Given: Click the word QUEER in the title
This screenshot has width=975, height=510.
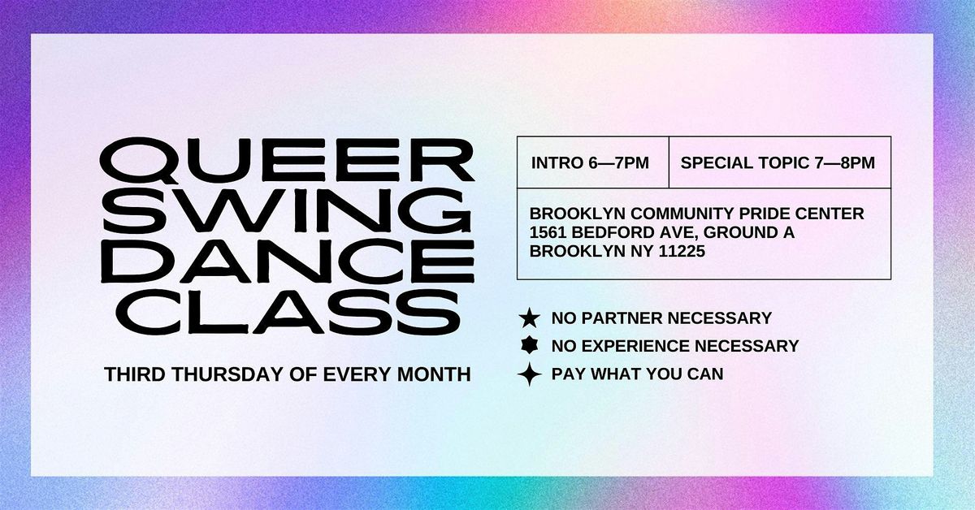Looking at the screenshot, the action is (x=288, y=160).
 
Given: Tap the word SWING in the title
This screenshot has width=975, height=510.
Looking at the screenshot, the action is (x=288, y=211).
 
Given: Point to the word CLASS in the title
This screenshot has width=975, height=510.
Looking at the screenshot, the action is (x=288, y=312).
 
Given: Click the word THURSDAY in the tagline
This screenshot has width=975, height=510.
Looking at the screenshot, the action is (x=228, y=374).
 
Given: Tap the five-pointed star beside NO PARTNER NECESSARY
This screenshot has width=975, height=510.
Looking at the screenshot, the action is (x=529, y=318).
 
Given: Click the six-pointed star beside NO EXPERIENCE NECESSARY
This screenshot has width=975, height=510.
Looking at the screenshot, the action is (x=529, y=346).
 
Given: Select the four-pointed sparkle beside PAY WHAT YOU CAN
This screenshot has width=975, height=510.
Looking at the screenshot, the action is (x=529, y=374).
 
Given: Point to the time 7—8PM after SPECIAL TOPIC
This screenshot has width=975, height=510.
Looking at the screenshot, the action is (x=844, y=162).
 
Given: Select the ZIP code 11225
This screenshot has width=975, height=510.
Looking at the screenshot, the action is (x=682, y=252).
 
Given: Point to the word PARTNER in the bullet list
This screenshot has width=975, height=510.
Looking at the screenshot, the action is (x=622, y=318).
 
